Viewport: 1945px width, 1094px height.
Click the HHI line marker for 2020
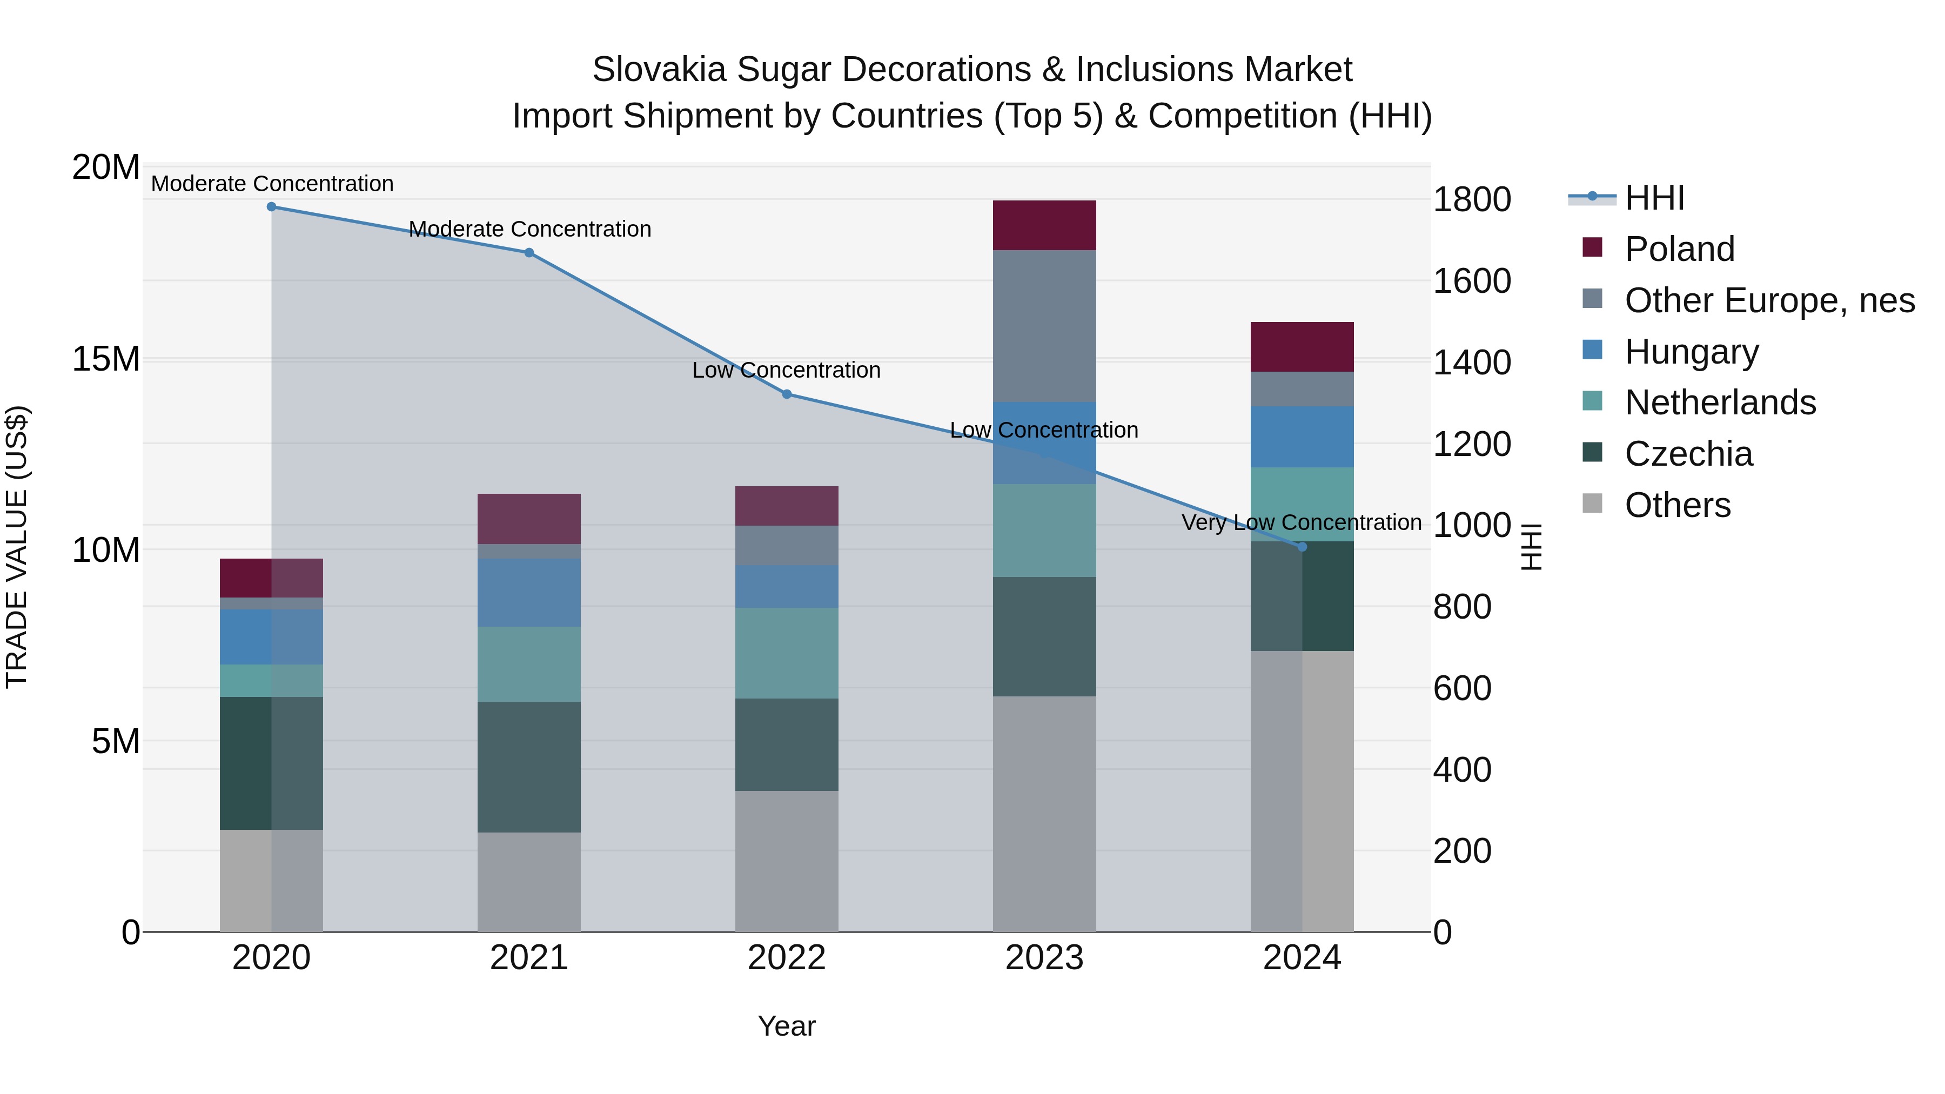tap(271, 206)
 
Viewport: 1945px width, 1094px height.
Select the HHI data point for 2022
tap(786, 394)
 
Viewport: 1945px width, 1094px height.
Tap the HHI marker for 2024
tap(1302, 547)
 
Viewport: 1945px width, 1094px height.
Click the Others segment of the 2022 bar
tap(786, 861)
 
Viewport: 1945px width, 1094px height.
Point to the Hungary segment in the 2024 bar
tap(1302, 437)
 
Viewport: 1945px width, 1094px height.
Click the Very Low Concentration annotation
tap(1301, 522)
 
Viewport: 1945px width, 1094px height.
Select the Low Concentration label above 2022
tap(786, 370)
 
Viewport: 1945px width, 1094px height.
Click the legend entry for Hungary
tap(1691, 352)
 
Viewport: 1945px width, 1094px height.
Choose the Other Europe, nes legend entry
tap(1769, 300)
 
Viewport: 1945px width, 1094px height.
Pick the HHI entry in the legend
tap(1654, 198)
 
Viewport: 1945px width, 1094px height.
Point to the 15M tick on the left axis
tap(106, 359)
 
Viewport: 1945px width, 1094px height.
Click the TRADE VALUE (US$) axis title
tap(17, 547)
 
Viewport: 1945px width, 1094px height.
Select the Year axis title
tap(786, 1026)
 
